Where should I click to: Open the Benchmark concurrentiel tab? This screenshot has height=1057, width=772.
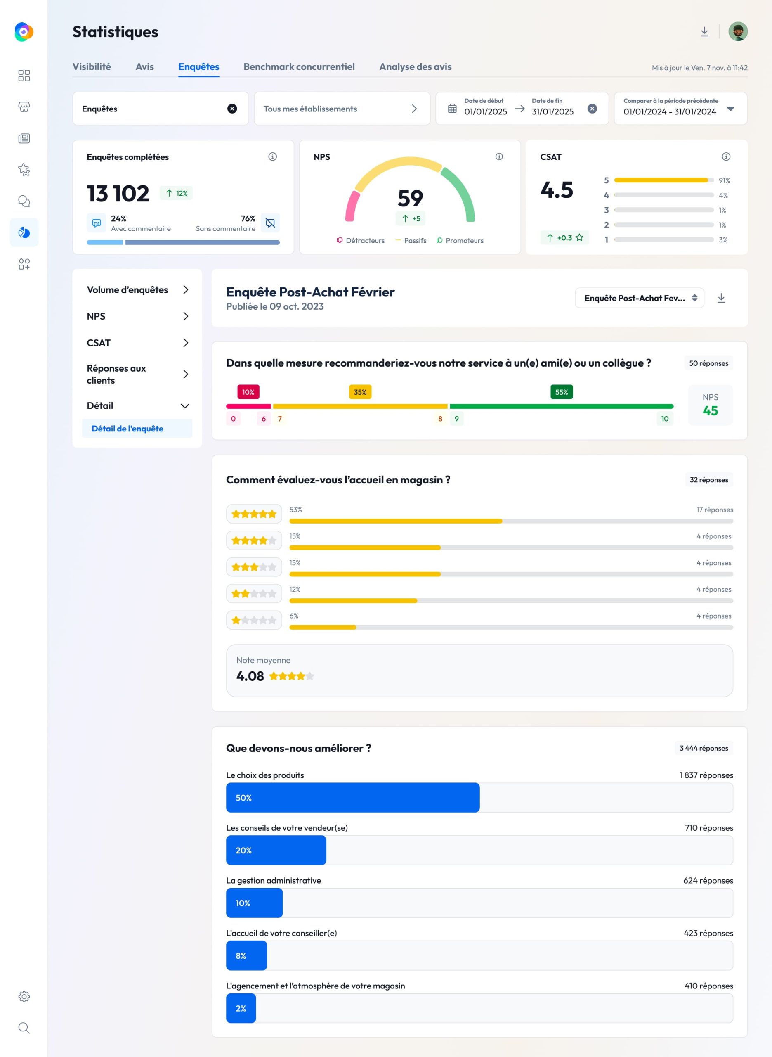pos(299,67)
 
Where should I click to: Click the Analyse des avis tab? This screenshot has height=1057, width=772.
pos(415,67)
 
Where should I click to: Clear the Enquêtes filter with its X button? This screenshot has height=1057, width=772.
pos(232,109)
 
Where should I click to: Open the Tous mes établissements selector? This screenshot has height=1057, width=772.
pos(342,109)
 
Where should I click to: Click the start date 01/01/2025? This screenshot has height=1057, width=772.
pos(485,111)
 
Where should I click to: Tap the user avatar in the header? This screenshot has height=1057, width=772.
pos(737,32)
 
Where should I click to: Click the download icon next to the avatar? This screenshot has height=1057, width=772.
pos(704,32)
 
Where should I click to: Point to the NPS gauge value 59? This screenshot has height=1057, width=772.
pos(410,198)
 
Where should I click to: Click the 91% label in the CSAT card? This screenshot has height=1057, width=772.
pos(724,180)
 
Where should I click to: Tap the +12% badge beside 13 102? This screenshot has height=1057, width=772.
pos(177,193)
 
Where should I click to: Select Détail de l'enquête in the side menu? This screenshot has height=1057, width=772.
pos(127,428)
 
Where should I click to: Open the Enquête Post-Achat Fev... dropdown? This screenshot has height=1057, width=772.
pos(639,298)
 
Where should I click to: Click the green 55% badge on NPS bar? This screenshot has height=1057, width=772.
pos(561,392)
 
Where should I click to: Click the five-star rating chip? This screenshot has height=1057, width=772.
pos(254,514)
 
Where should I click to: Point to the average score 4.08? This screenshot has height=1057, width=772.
pos(250,676)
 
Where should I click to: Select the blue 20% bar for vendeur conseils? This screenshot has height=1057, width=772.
pos(276,850)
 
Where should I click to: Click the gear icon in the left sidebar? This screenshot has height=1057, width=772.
pos(24,996)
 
